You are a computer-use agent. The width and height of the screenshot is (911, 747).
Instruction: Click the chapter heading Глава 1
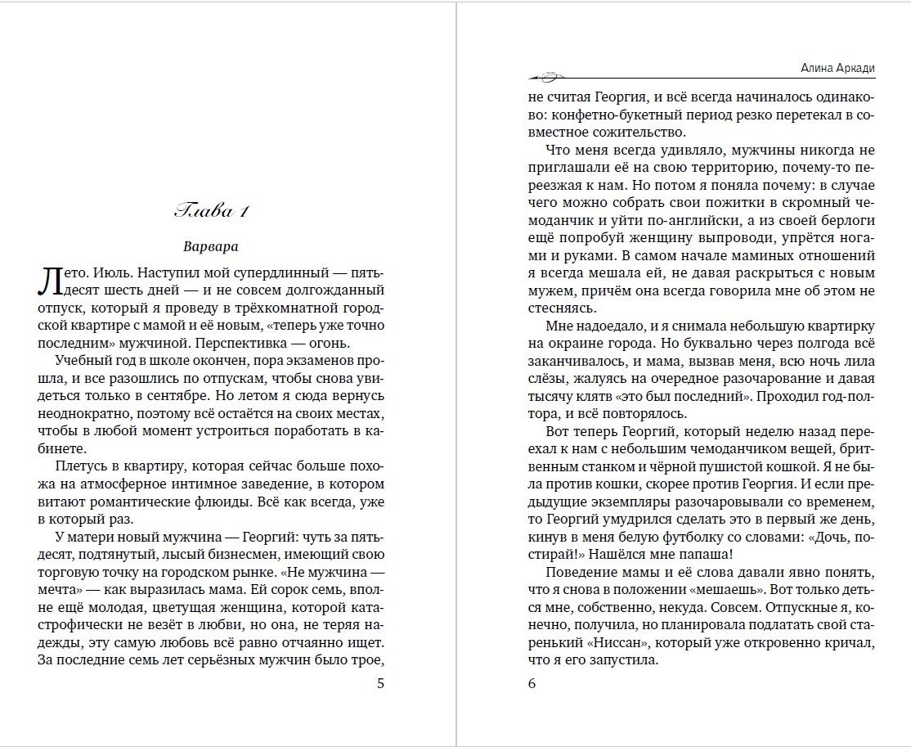coord(212,212)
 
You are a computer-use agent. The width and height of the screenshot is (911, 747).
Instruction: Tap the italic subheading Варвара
coord(211,245)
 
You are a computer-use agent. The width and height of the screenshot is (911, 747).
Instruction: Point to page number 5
coord(379,684)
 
